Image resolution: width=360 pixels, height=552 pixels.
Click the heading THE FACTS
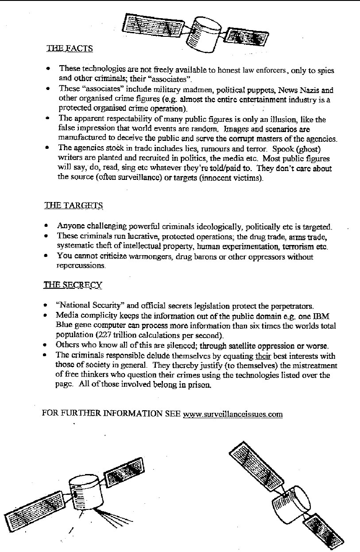(70, 49)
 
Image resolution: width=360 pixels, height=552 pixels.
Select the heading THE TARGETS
(74, 206)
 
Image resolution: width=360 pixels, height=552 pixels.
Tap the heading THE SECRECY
(73, 285)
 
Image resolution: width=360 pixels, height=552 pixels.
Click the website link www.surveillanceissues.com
(232, 414)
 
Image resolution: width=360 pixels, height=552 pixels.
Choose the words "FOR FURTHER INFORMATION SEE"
(111, 414)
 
